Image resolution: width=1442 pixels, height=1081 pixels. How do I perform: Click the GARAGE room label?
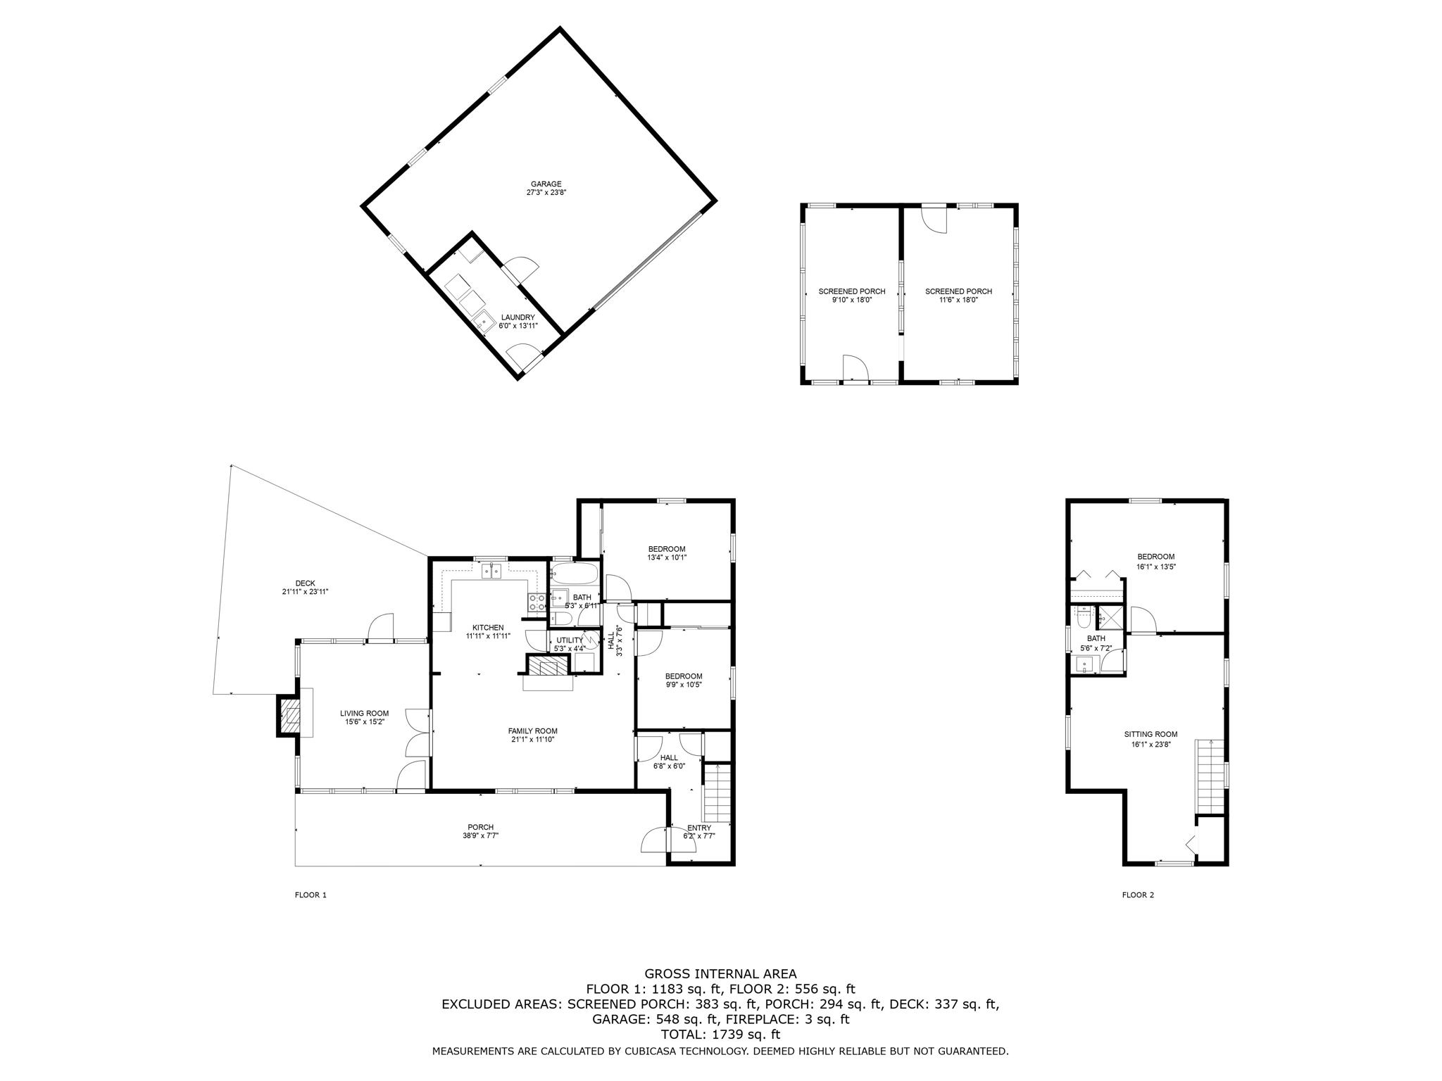546,184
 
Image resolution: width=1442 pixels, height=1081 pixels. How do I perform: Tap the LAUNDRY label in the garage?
518,317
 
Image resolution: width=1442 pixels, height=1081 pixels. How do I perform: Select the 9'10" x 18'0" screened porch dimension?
851,300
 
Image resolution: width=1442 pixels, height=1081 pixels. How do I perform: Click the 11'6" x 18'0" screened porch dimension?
958,300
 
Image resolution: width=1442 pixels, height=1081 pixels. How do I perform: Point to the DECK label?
305,583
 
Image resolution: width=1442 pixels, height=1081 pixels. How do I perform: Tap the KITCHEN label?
487,627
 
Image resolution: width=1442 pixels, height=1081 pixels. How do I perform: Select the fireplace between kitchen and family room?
548,666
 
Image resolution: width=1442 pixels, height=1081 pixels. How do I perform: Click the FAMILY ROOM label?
532,731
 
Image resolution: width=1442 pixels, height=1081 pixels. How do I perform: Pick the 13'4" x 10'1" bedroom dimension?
666,557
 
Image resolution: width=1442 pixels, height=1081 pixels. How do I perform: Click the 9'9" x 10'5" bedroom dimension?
684,684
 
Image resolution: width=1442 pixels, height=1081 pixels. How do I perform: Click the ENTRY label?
698,828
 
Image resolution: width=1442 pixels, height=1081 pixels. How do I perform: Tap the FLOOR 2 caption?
1138,895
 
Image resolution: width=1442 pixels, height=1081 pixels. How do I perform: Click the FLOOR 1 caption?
311,895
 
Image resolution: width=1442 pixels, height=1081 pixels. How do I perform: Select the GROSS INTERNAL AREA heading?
720,974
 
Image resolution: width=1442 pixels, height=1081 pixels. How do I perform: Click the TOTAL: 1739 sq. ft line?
720,1035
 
